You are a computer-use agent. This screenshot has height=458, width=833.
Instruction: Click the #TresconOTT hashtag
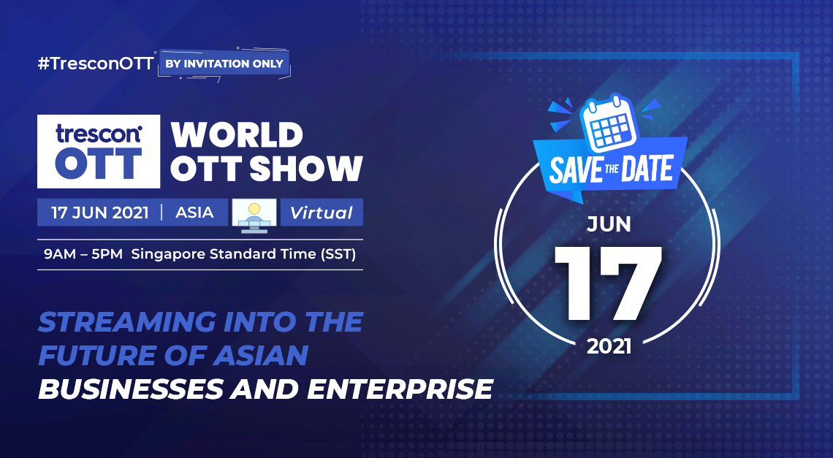coord(96,64)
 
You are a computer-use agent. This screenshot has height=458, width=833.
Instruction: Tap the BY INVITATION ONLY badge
coord(225,64)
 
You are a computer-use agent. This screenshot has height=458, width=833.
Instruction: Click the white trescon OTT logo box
coord(99,151)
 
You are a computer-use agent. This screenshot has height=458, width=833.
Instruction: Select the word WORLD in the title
coord(237,135)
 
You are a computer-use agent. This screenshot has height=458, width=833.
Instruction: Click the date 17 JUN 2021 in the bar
coord(100,213)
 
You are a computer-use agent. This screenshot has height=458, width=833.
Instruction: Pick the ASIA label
coord(194,213)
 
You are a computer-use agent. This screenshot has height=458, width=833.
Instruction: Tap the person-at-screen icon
coord(254,215)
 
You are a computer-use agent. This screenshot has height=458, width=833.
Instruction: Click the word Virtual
coord(322,213)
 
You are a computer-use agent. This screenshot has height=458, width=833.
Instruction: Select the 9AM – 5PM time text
coord(83,254)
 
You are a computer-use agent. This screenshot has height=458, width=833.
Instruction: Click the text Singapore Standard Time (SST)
coord(243,254)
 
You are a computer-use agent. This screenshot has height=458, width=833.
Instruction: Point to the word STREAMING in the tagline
coord(127,322)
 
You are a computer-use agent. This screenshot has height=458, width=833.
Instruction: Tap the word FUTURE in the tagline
coord(96,356)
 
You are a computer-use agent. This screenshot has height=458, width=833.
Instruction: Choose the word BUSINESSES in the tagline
coord(131,389)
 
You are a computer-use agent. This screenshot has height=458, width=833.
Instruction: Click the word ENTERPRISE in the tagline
coord(400,389)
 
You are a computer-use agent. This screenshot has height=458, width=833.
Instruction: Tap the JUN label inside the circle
coord(609,225)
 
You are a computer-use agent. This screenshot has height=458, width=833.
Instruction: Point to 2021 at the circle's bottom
coord(609,347)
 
